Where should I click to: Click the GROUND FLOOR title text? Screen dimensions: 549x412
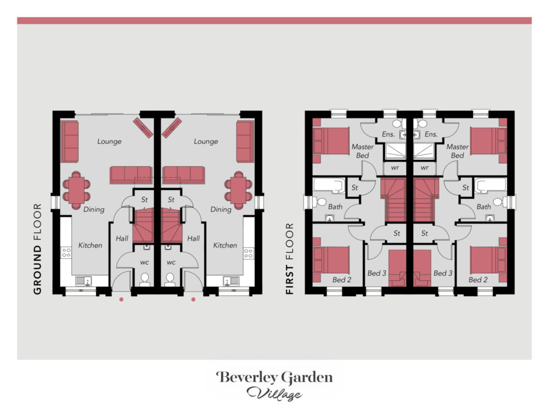[x=37, y=249]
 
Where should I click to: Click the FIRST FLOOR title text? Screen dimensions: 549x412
[x=289, y=259]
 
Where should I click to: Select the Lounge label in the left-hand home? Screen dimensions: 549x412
[x=109, y=141]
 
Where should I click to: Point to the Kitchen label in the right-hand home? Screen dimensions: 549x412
[x=225, y=245]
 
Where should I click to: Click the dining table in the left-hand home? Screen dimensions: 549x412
[x=76, y=190]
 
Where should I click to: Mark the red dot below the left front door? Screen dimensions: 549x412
[x=121, y=299]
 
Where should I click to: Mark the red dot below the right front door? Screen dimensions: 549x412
[x=193, y=299]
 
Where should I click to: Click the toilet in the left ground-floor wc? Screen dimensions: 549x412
[x=144, y=280]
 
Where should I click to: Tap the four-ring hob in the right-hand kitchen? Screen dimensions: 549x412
[x=249, y=253]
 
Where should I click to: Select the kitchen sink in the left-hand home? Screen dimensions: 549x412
[x=84, y=281]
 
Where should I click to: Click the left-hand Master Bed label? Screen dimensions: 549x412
[x=362, y=151]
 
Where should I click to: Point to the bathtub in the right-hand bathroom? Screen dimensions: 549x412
[x=490, y=185]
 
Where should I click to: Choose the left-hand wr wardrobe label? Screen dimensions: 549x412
[x=395, y=168]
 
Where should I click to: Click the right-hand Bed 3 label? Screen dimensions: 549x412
[x=443, y=273]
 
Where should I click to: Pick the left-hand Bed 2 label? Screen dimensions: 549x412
[x=341, y=280]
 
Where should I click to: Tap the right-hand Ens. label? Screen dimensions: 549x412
[x=431, y=134]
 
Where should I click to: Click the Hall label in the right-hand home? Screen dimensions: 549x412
[x=193, y=238]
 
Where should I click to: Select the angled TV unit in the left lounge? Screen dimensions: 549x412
[x=143, y=128]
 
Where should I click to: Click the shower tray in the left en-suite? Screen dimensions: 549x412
[x=395, y=151]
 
